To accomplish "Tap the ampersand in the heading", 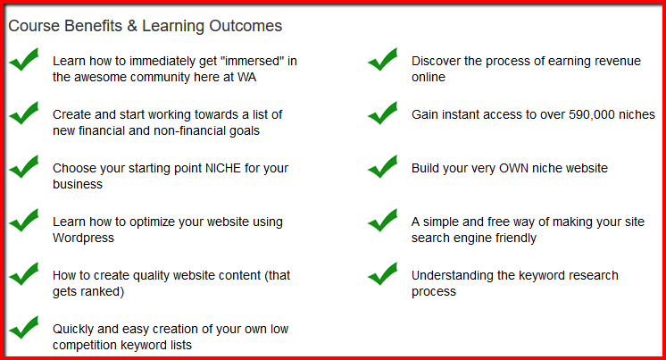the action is pyautogui.click(x=132, y=26).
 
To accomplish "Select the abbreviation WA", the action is pyautogui.click(x=246, y=77).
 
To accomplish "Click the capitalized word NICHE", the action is pyautogui.click(x=223, y=168).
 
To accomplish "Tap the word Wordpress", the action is pyautogui.click(x=83, y=238).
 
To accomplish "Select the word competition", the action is pyautogui.click(x=88, y=345).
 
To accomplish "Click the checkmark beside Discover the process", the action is pyautogui.click(x=383, y=59).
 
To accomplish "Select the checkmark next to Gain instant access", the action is pyautogui.click(x=383, y=113).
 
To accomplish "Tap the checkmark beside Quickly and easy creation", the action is pyautogui.click(x=24, y=327).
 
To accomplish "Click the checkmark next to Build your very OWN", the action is pyautogui.click(x=383, y=166).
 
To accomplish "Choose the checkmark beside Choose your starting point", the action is pyautogui.click(x=24, y=166).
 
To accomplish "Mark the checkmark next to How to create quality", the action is pyautogui.click(x=24, y=273).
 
